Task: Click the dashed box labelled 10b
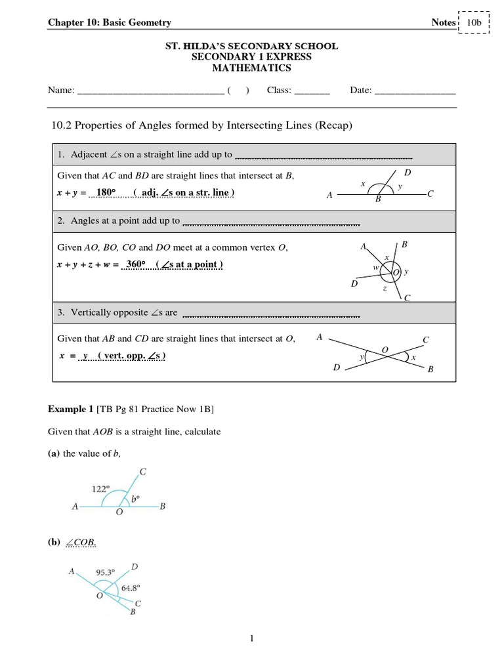pyautogui.click(x=473, y=22)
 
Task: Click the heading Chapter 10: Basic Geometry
pyautogui.click(x=110, y=23)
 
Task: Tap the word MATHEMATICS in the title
pyautogui.click(x=251, y=68)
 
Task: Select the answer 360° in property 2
pyautogui.click(x=138, y=264)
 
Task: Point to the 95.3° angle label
pyautogui.click(x=106, y=572)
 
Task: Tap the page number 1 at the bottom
pyautogui.click(x=252, y=639)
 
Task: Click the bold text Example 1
pyautogui.click(x=70, y=409)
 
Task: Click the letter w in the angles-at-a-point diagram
pyautogui.click(x=376, y=268)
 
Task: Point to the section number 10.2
pyautogui.click(x=60, y=126)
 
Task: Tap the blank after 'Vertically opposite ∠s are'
pyautogui.click(x=270, y=314)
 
